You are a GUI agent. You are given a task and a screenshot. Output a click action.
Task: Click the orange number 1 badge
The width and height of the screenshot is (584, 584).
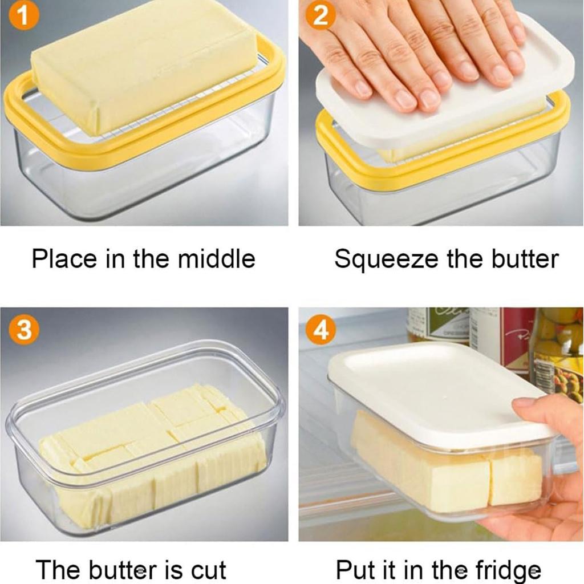24,15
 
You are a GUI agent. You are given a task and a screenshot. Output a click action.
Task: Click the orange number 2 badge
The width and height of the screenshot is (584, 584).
321,15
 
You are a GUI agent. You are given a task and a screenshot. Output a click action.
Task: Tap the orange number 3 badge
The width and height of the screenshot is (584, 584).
24,330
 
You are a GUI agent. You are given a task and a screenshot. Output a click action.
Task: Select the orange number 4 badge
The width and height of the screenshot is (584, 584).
321,330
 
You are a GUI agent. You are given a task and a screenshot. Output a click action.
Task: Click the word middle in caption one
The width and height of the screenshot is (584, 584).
216,259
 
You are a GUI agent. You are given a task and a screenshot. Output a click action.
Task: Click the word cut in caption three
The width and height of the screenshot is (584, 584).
205,569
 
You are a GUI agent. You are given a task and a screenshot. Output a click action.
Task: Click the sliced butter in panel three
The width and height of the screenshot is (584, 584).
154,451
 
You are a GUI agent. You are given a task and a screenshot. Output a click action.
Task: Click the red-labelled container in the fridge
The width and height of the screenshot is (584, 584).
505,336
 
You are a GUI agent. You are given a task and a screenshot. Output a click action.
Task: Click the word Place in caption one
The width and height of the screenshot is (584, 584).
64,259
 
